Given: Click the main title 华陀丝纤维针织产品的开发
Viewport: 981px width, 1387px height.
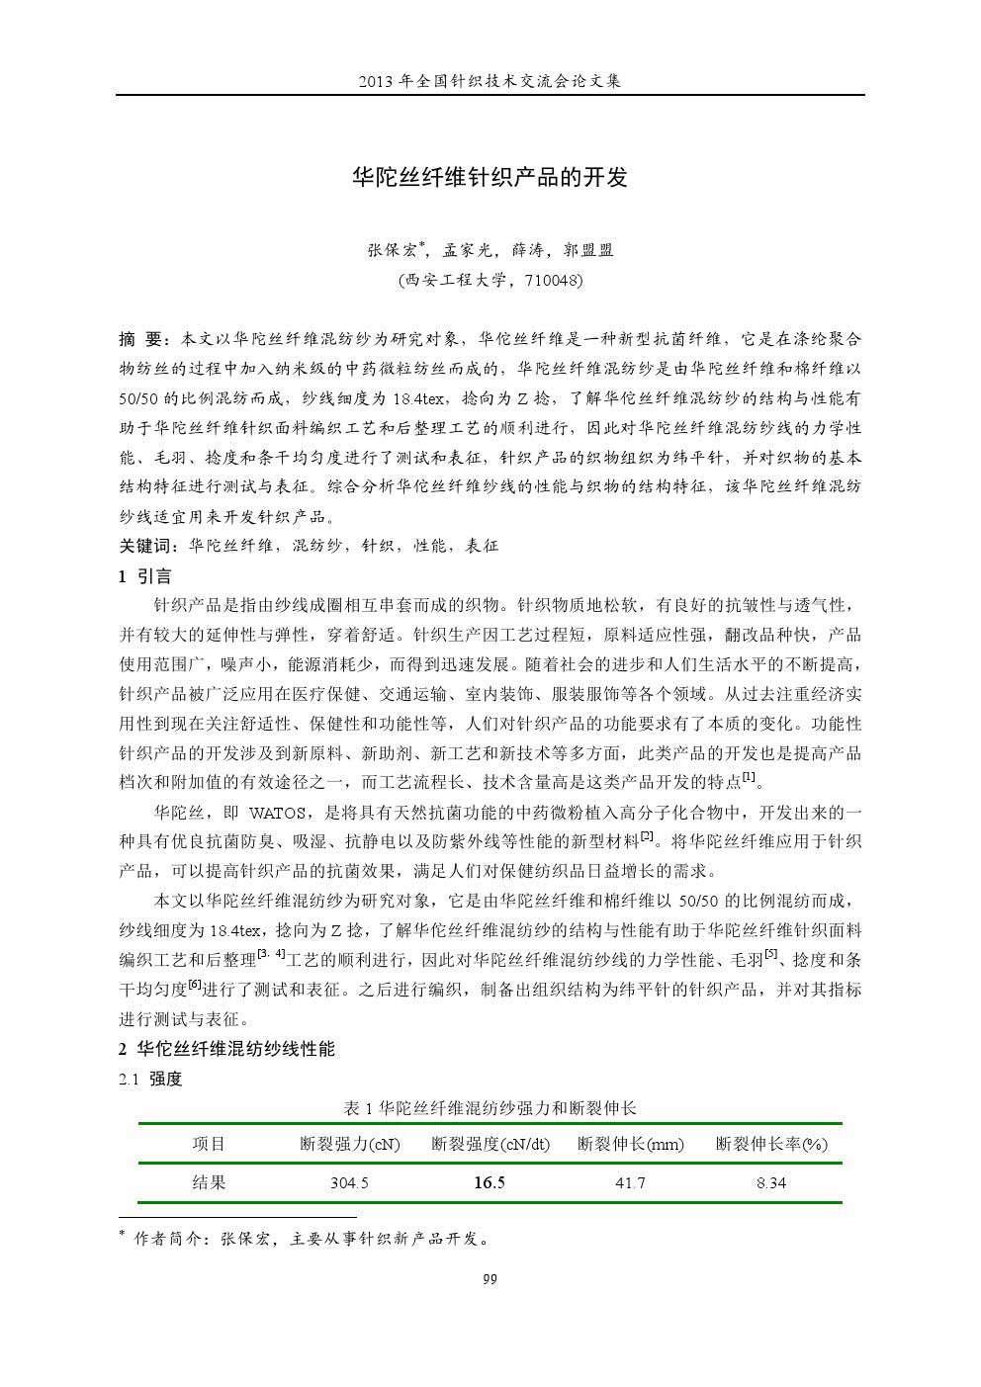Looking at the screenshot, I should pyautogui.click(x=490, y=178).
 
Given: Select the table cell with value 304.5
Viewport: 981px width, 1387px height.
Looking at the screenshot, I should pyautogui.click(x=349, y=1183).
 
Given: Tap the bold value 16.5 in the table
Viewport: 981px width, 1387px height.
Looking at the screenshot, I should pyautogui.click(x=489, y=1183).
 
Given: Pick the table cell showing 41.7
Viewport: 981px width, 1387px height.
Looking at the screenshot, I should pyautogui.click(x=630, y=1183).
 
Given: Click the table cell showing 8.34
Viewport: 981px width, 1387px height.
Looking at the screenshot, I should pyautogui.click(x=771, y=1183).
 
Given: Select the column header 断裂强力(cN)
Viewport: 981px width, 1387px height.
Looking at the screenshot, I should pyautogui.click(x=349, y=1145).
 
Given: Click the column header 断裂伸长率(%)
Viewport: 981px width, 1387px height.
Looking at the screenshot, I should pyautogui.click(x=771, y=1145).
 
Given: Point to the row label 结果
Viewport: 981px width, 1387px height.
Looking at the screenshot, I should pyautogui.click(x=209, y=1182).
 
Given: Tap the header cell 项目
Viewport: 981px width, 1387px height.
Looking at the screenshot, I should pyautogui.click(x=209, y=1145).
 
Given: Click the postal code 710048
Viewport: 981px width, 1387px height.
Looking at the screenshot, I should pyautogui.click(x=551, y=280).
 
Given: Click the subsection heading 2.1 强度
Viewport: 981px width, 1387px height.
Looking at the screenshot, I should pyautogui.click(x=150, y=1079).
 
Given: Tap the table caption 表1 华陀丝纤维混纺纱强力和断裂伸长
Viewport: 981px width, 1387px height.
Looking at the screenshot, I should pyautogui.click(x=490, y=1107).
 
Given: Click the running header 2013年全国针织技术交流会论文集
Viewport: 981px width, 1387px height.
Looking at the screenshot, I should pyautogui.click(x=490, y=80).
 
